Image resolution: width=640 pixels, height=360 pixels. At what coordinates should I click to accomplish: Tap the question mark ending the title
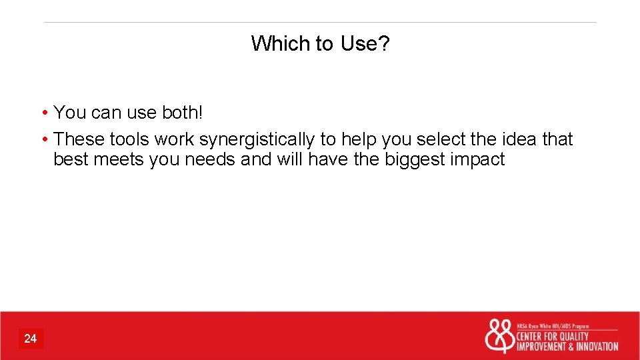pyautogui.click(x=384, y=44)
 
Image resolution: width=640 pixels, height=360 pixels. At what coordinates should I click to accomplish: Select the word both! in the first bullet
pyautogui.click(x=182, y=113)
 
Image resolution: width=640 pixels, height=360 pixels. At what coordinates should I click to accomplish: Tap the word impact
pyautogui.click(x=478, y=160)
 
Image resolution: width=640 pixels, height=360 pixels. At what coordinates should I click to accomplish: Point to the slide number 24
pyautogui.click(x=31, y=339)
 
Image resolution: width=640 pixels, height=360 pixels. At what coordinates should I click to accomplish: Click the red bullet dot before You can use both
pyautogui.click(x=43, y=113)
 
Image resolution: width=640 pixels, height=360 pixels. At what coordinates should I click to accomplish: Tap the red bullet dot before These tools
pyautogui.click(x=43, y=140)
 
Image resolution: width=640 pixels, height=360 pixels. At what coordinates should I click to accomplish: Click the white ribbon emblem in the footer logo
pyautogui.click(x=499, y=336)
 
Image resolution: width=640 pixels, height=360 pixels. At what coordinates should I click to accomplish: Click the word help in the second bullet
pyautogui.click(x=359, y=139)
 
